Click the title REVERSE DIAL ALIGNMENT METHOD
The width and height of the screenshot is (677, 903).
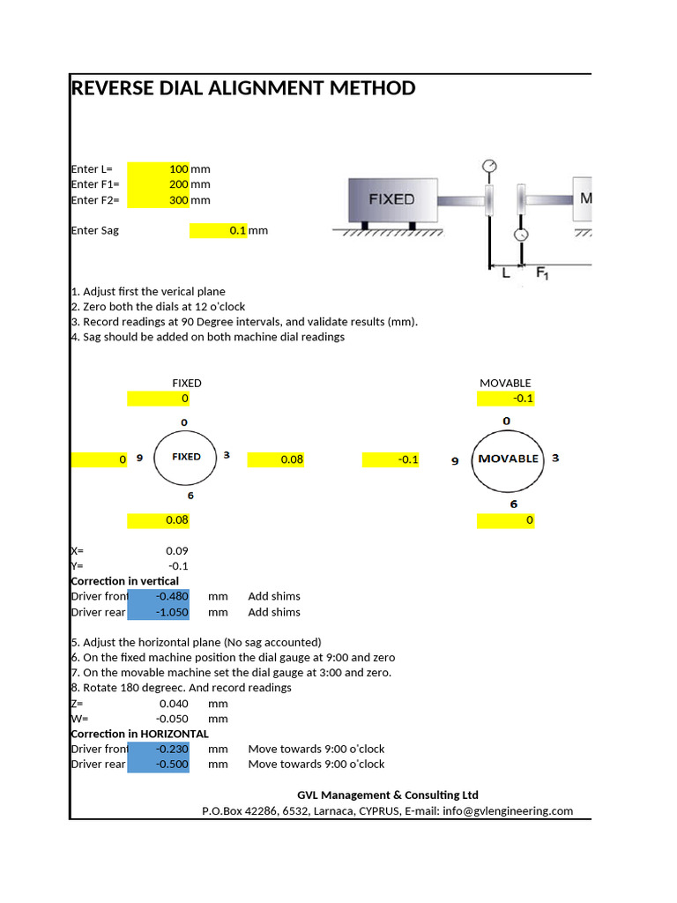(242, 88)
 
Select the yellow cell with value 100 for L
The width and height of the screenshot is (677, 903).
(159, 168)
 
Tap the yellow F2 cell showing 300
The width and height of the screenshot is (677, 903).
(159, 200)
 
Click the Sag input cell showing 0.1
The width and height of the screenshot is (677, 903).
(220, 230)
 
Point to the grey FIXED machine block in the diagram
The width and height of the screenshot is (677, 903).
(392, 199)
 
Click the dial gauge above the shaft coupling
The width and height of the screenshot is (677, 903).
(489, 166)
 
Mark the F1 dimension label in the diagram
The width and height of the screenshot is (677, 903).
(543, 274)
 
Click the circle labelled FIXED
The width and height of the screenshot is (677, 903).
(186, 457)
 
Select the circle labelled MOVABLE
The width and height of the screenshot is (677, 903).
(507, 459)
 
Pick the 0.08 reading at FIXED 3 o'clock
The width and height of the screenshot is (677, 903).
(277, 459)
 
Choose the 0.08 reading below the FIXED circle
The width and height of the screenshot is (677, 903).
(159, 520)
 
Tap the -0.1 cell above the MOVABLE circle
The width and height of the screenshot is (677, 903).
(506, 399)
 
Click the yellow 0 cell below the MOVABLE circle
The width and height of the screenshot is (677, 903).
(506, 520)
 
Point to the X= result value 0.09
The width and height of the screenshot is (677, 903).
(177, 551)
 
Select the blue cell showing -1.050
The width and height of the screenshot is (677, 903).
(159, 612)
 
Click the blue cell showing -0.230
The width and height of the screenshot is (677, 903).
(159, 749)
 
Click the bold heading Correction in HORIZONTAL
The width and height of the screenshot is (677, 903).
(139, 734)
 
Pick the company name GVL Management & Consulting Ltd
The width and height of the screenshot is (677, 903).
(388, 795)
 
